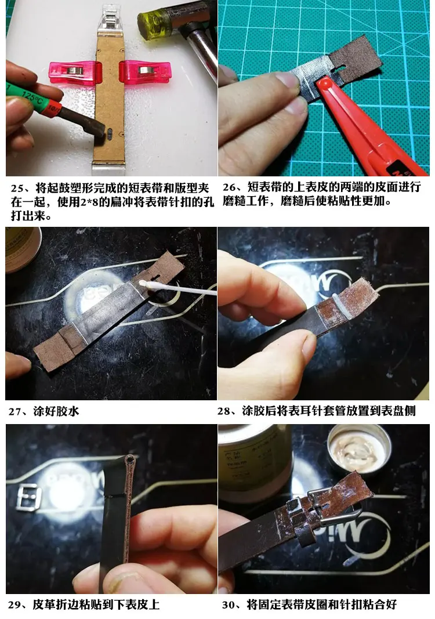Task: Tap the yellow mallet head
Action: pos(152,24)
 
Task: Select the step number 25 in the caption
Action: pos(17,187)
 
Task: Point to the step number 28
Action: pos(224,411)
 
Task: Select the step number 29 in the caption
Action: pos(14,605)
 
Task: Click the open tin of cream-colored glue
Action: pos(359,449)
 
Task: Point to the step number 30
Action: pos(229,605)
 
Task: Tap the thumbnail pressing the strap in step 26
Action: pos(287,81)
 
